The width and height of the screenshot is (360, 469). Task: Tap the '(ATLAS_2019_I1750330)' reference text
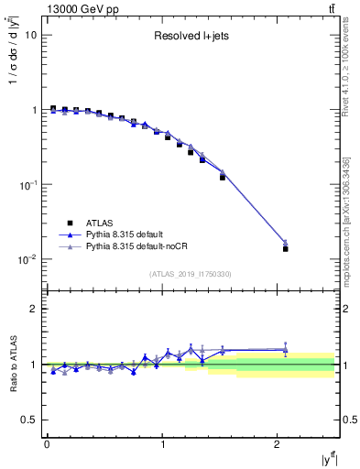click(191, 273)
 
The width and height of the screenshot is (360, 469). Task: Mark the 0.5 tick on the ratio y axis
click(28, 420)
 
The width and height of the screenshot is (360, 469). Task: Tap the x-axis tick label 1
click(162, 444)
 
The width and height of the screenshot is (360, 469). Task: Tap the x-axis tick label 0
click(47, 444)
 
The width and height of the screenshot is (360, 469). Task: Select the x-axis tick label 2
click(278, 444)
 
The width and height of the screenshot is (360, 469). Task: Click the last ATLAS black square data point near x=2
click(286, 248)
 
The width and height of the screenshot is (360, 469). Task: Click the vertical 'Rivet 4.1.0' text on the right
click(351, 70)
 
